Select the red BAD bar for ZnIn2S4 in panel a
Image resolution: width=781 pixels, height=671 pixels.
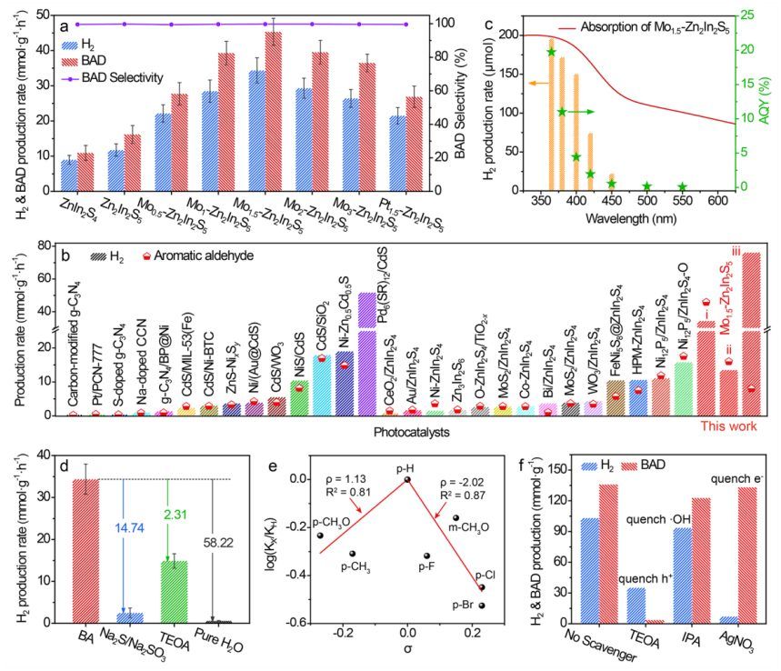coord(85,171)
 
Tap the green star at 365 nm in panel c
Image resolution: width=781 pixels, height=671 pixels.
coord(551,52)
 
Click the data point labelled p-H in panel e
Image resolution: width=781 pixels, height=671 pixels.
coord(407,479)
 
